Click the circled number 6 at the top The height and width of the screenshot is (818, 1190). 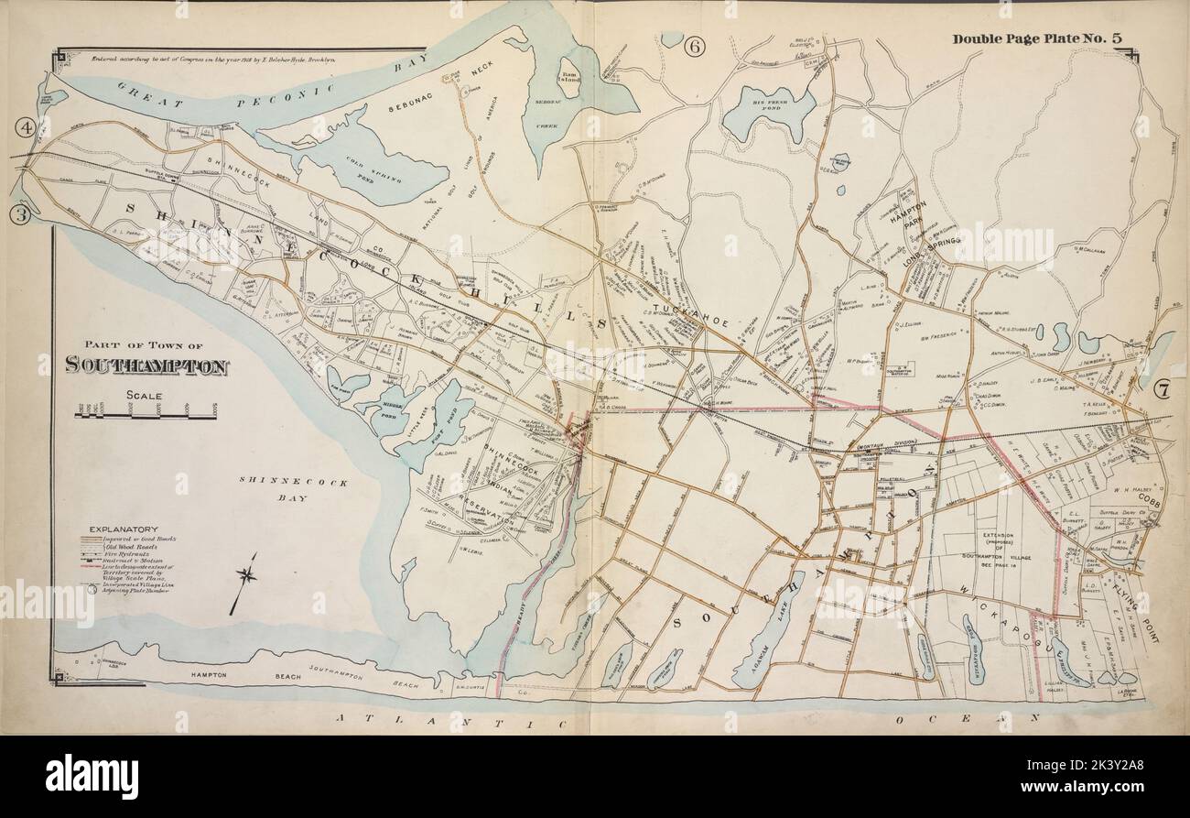click(x=693, y=48)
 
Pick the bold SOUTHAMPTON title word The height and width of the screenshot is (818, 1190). click(x=146, y=366)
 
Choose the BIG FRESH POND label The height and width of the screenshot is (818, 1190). click(x=768, y=95)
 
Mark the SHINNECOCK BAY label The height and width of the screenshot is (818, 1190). click(x=293, y=489)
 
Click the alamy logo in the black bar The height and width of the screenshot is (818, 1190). click(x=92, y=772)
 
